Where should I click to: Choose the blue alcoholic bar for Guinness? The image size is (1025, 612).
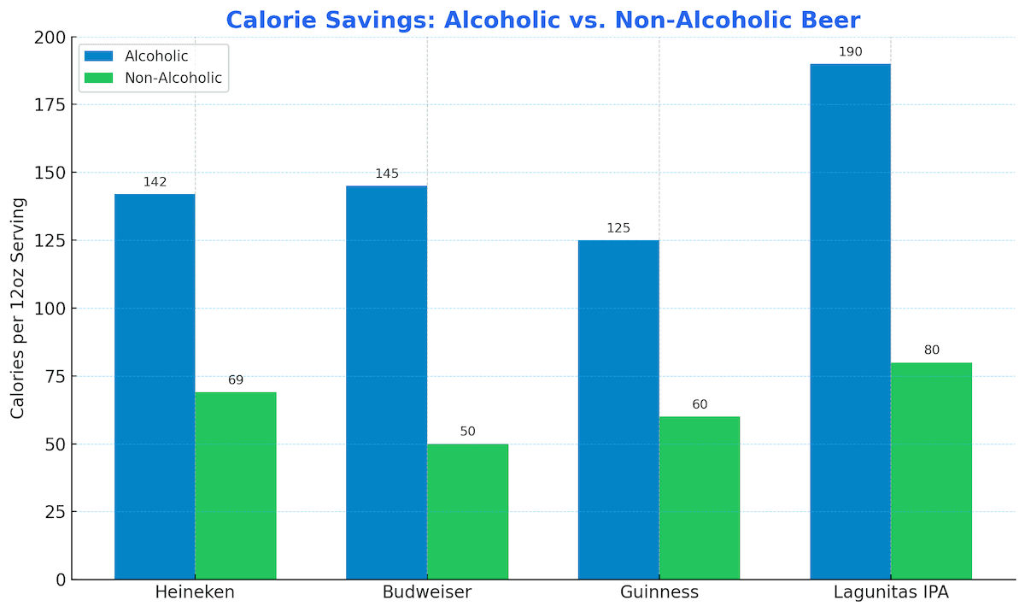[x=618, y=409]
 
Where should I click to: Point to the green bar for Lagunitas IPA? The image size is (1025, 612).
[x=931, y=471]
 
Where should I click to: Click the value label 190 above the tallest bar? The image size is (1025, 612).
[x=851, y=52]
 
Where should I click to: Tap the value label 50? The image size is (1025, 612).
[x=468, y=432]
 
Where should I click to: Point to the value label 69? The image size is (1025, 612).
[x=236, y=380]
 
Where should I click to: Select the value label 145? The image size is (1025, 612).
[x=387, y=174]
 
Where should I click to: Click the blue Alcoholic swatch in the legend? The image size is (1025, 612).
[x=98, y=56]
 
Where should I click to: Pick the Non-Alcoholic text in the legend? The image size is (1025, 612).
[x=173, y=79]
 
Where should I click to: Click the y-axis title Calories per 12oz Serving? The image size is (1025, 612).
[x=18, y=308]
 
